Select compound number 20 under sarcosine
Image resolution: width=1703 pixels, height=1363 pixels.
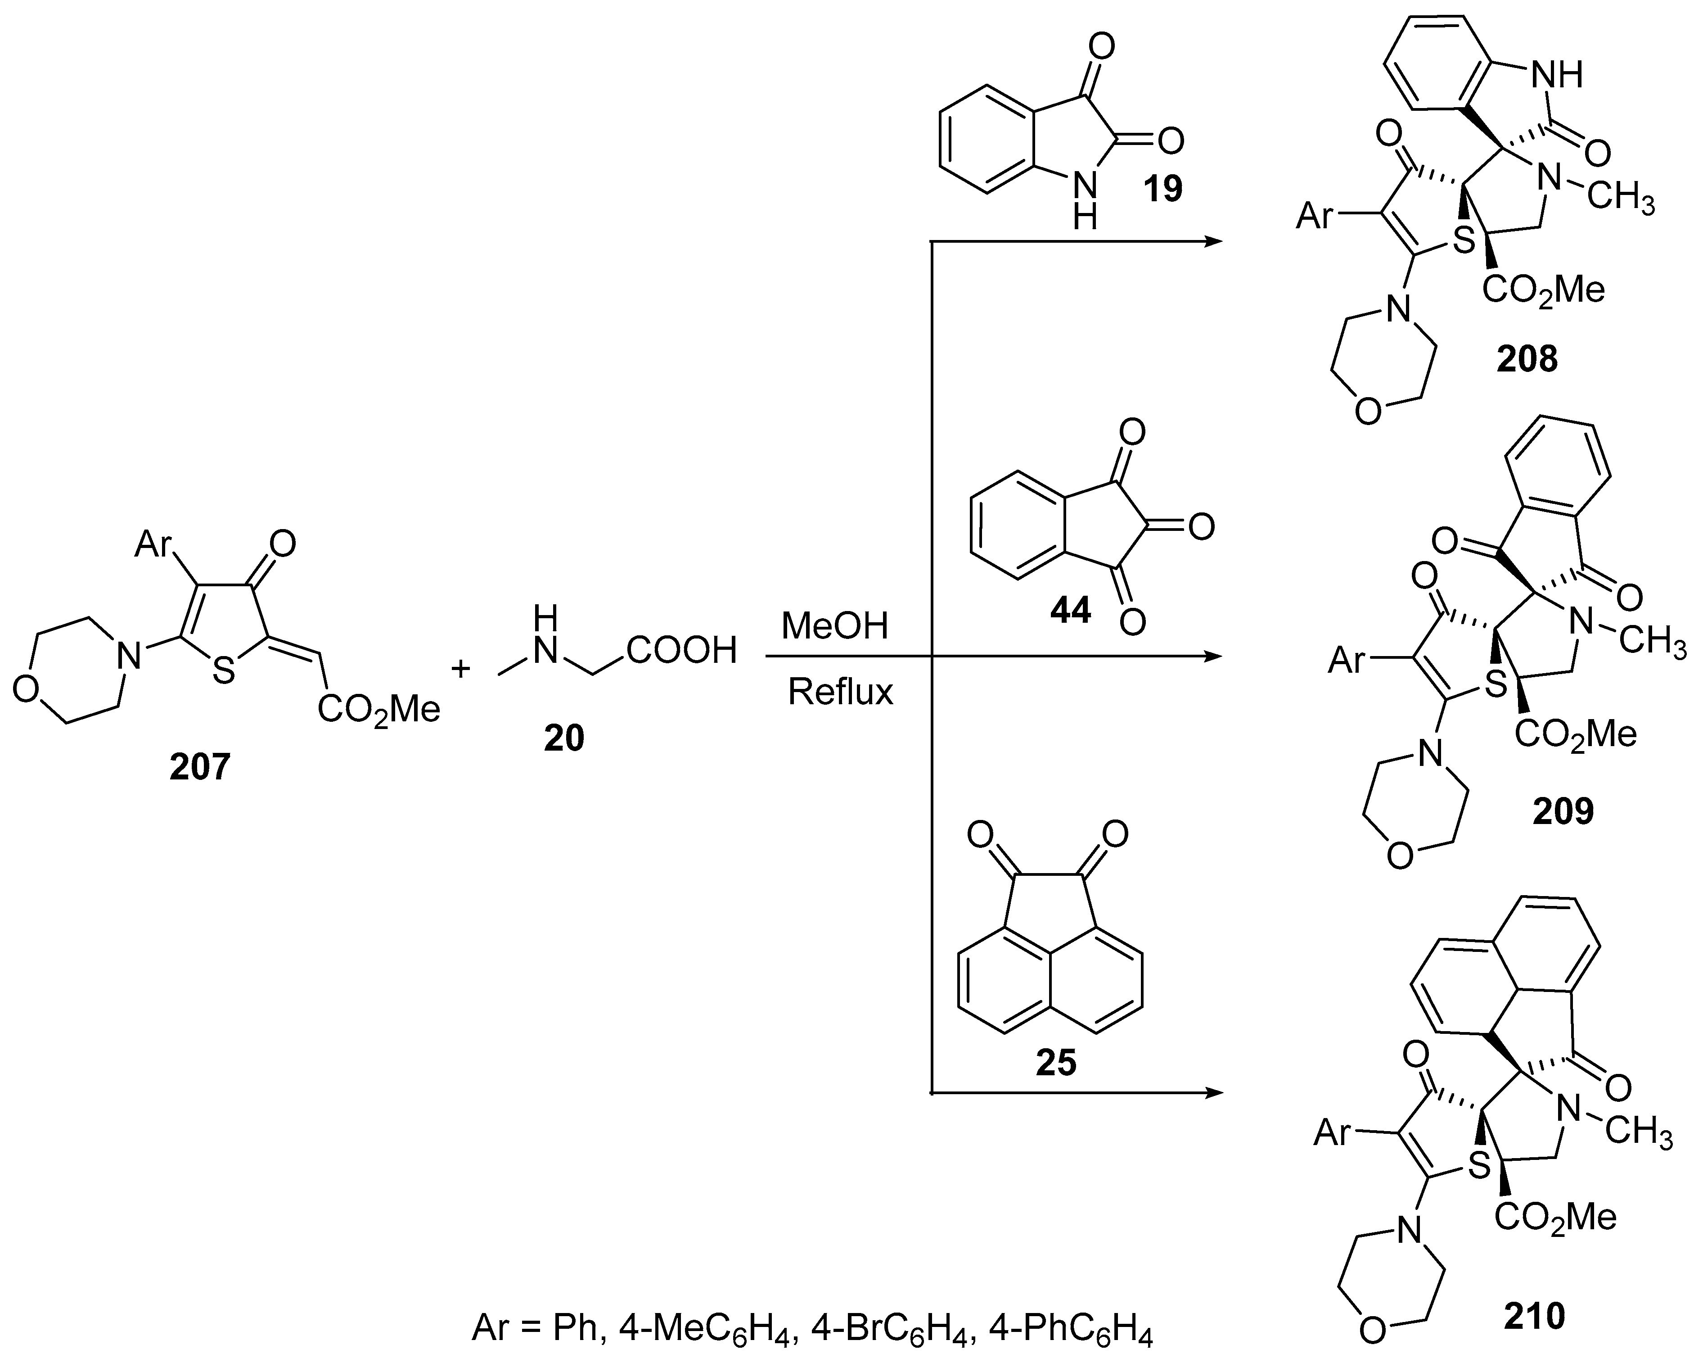[x=563, y=738]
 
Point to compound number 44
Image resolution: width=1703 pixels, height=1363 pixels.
[x=1070, y=610]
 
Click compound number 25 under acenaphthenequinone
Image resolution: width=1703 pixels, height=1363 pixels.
[x=1056, y=1063]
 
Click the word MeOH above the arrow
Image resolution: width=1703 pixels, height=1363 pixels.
[x=835, y=627]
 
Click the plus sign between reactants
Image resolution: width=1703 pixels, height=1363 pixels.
[x=460, y=669]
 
